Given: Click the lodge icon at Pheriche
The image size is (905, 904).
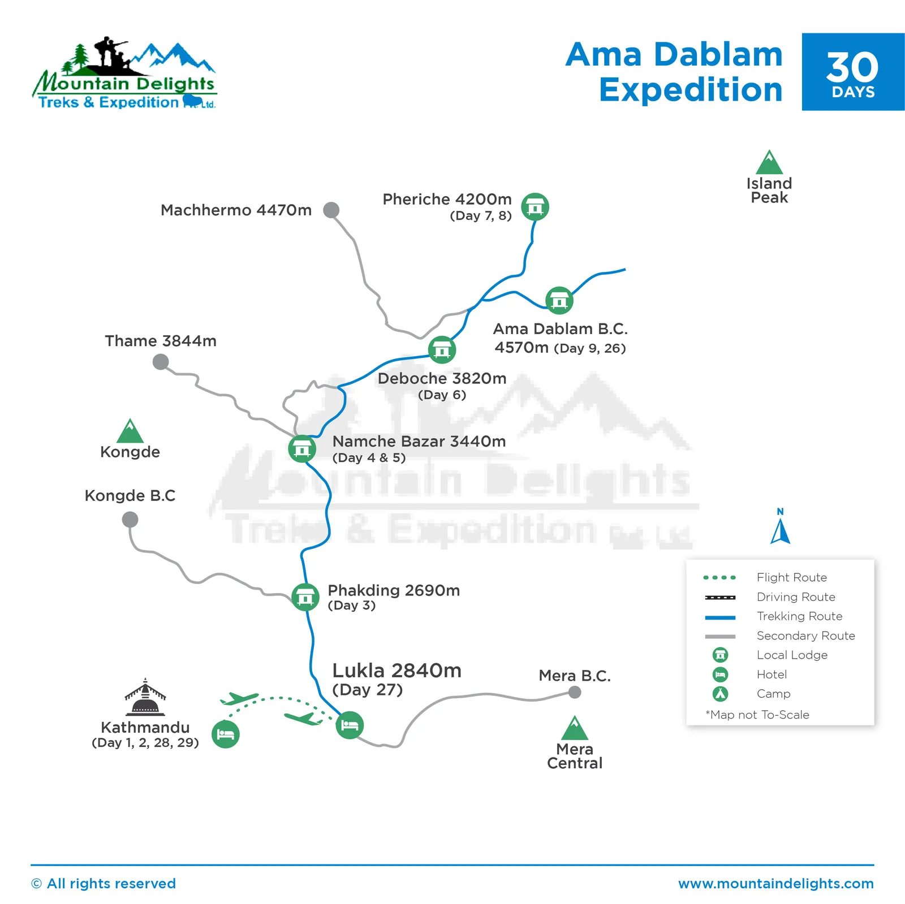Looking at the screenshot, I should coord(535,207).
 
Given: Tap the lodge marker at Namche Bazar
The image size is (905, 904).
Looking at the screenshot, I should coord(302,449).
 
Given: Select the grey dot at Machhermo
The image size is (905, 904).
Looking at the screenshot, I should coord(331,210).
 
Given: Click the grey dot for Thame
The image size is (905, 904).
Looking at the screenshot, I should coord(161,362).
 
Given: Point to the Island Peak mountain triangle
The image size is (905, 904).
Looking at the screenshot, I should coord(769,163).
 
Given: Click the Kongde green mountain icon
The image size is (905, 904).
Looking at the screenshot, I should coord(130,431).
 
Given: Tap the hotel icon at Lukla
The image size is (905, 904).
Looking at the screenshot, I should coord(350,725).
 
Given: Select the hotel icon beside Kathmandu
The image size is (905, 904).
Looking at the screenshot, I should coord(226,734).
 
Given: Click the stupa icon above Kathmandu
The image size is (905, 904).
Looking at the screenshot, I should coord(145,698).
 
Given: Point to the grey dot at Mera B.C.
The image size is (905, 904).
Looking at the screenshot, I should coord(575,692).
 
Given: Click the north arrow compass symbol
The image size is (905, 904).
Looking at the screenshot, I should coord(781,529).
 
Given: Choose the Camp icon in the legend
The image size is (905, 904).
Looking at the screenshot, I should coord(720,694).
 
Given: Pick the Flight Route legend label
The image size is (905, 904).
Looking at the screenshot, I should coord(791,577).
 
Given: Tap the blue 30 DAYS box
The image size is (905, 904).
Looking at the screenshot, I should coord(853,72).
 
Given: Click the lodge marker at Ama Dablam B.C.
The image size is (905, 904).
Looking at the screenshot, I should coord(559,300).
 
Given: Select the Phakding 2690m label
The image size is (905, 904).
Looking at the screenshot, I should coord(394,590).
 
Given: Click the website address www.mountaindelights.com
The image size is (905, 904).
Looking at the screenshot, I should coord(776,884).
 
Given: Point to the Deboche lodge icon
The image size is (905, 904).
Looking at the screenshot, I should coord(442,349).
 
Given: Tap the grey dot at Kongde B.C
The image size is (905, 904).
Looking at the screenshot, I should coord(130,520).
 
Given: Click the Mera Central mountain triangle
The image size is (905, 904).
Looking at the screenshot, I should coord(575,729).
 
